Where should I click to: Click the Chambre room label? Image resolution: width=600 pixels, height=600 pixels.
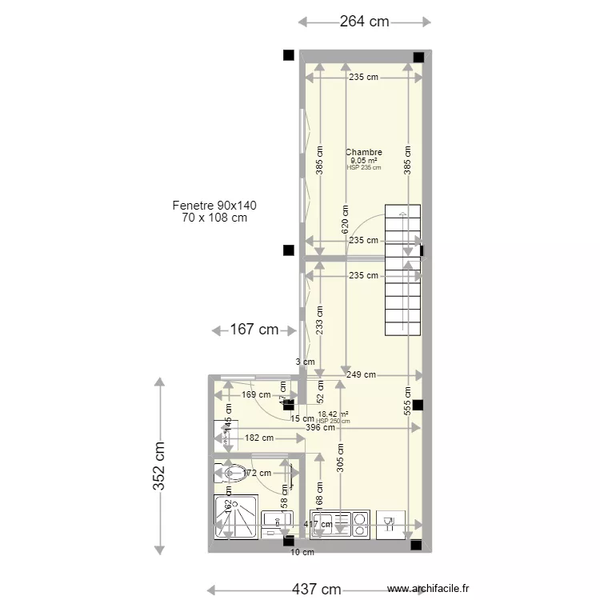[x=363, y=152]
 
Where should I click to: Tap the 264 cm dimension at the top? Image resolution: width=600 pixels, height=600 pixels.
[x=364, y=22]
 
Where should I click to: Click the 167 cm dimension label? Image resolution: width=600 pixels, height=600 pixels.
[x=255, y=330]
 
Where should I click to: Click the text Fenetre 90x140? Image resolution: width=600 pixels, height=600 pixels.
[x=214, y=206]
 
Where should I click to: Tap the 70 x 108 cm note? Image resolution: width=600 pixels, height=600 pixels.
[x=214, y=218]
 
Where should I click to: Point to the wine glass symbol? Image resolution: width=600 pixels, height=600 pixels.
[x=390, y=523]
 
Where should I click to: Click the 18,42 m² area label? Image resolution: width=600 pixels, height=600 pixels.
[x=333, y=414]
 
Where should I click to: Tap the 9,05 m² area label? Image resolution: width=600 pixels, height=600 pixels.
[x=363, y=160]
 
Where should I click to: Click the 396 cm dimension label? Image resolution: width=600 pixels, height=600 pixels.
[x=320, y=428]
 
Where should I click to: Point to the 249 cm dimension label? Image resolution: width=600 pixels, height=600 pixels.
[x=362, y=374]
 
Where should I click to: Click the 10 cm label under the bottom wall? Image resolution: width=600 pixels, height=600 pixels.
[x=302, y=552]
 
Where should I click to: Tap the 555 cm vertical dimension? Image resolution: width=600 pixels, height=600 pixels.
[x=408, y=400]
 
